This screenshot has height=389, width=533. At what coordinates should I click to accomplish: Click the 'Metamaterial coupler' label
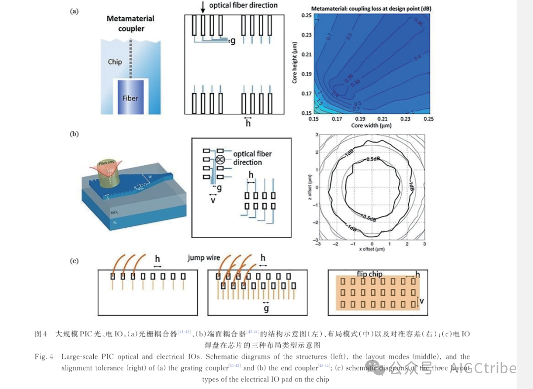click(x=131, y=24)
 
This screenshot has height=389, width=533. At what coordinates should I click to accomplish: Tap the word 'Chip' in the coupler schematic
click(x=115, y=62)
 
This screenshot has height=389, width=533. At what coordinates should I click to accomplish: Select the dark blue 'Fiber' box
click(x=130, y=97)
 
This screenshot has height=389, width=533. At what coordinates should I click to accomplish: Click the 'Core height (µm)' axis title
click(x=294, y=62)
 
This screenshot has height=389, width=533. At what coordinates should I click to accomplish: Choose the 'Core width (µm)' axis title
click(x=371, y=126)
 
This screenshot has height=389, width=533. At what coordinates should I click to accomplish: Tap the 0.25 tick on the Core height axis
click(x=306, y=16)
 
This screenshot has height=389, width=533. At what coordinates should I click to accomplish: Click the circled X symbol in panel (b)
click(x=221, y=159)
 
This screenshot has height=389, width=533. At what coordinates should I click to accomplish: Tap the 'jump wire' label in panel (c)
click(x=203, y=258)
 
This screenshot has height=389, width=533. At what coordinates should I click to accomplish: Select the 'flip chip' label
click(x=370, y=274)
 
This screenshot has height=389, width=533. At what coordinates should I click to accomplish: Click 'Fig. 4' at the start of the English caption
click(x=43, y=356)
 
